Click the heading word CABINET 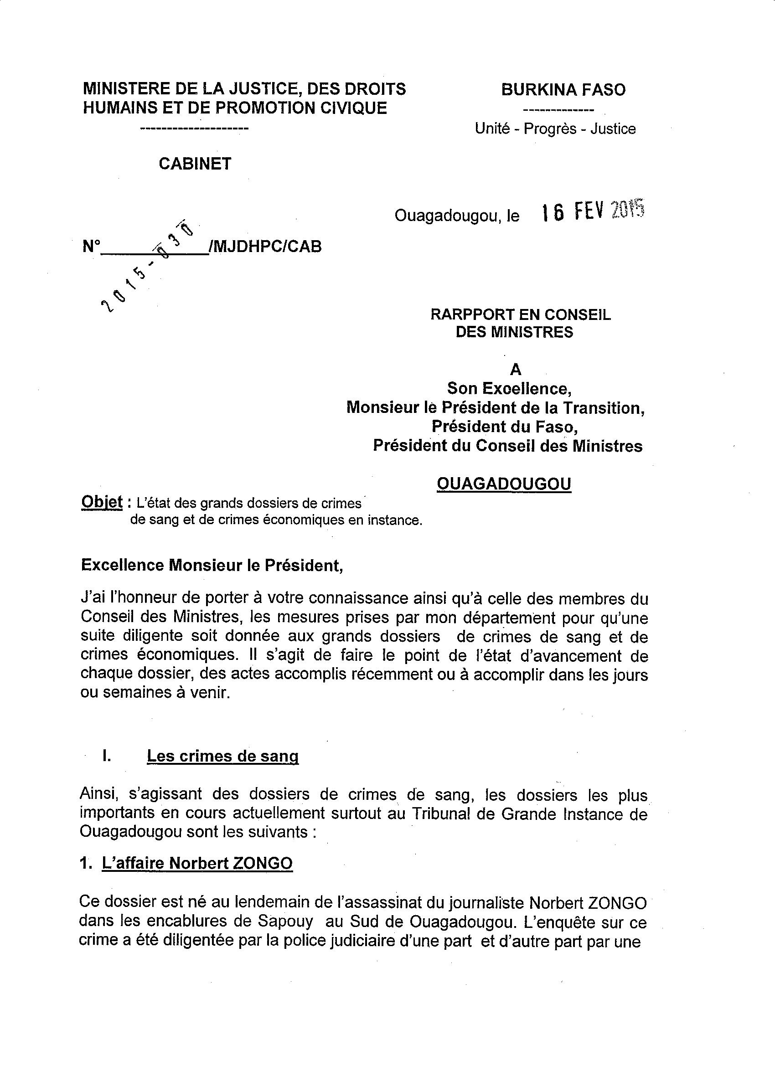click(x=195, y=164)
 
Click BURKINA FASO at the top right click(x=563, y=89)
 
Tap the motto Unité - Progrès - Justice click(x=555, y=129)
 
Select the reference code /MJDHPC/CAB click(x=266, y=246)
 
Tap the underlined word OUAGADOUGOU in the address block click(x=504, y=483)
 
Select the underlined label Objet click(x=102, y=502)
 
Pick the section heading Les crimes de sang click(x=222, y=756)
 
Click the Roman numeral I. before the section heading click(x=106, y=756)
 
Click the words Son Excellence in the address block click(x=509, y=388)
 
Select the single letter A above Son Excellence click(x=516, y=370)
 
